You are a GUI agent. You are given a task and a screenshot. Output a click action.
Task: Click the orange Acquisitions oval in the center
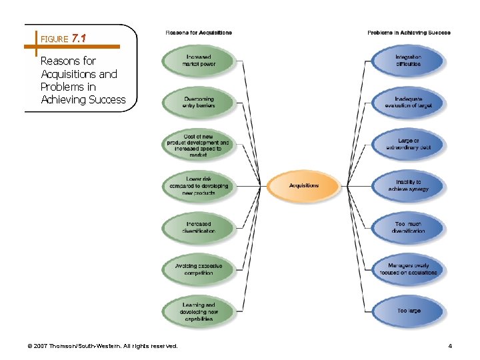(x=304, y=186)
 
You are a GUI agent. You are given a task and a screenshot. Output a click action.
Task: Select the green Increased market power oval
(x=199, y=61)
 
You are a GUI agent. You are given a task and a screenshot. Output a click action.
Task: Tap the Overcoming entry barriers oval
(x=199, y=102)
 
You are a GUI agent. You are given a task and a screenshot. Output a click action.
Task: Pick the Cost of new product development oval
(x=198, y=145)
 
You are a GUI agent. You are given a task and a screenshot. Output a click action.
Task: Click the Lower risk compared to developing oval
(x=198, y=186)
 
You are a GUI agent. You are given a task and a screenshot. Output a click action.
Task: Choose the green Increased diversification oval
(x=199, y=227)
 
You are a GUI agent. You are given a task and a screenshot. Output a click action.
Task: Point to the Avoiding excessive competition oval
(x=199, y=269)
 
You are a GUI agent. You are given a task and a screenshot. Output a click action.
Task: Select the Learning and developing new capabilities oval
(x=199, y=311)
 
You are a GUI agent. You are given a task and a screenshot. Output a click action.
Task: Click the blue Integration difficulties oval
(x=408, y=61)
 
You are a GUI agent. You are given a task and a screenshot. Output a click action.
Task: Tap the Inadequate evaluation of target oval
(x=408, y=102)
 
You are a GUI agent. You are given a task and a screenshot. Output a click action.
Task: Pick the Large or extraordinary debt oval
(x=408, y=145)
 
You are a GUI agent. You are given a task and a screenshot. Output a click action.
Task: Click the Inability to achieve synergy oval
(x=408, y=186)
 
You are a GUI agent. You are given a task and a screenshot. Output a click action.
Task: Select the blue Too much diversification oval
(x=408, y=227)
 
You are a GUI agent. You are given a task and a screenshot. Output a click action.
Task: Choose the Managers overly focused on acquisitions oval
(x=408, y=269)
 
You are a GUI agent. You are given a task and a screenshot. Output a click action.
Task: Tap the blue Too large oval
(x=408, y=311)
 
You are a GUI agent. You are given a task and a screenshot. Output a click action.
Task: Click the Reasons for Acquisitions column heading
(x=199, y=33)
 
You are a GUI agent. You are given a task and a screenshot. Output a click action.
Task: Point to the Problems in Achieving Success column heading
(x=409, y=33)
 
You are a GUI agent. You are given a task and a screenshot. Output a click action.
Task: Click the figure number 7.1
(x=79, y=39)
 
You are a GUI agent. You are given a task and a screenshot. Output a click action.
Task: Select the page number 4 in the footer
(x=451, y=345)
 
